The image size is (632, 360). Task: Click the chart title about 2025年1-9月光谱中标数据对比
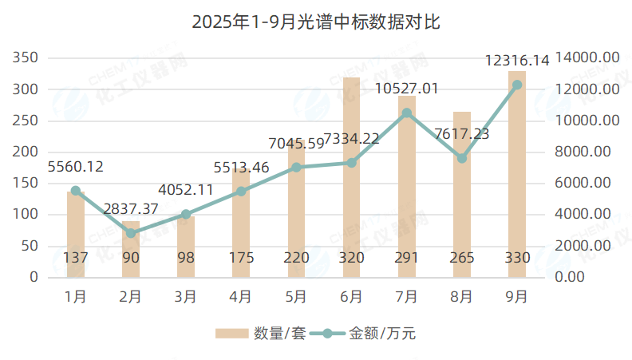tap(316, 22)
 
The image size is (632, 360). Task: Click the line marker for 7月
tap(407, 113)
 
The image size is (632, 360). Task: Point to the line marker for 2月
tap(131, 233)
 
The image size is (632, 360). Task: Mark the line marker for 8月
tap(462, 158)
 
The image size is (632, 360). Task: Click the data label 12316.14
tap(517, 61)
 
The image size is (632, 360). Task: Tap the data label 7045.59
tap(296, 144)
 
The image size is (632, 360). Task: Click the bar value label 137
tap(76, 258)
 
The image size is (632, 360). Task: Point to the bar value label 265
tap(462, 258)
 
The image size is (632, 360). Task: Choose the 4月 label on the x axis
tap(241, 297)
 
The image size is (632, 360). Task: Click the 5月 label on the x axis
tap(296, 297)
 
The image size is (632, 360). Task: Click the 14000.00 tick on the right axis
tap(588, 58)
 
